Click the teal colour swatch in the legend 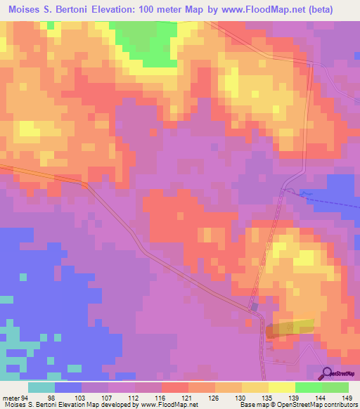pos(41,388)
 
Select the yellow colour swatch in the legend pos(281,388)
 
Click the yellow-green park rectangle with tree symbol pos(290,326)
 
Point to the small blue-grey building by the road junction pos(254,307)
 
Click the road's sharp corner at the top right pos(311,63)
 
